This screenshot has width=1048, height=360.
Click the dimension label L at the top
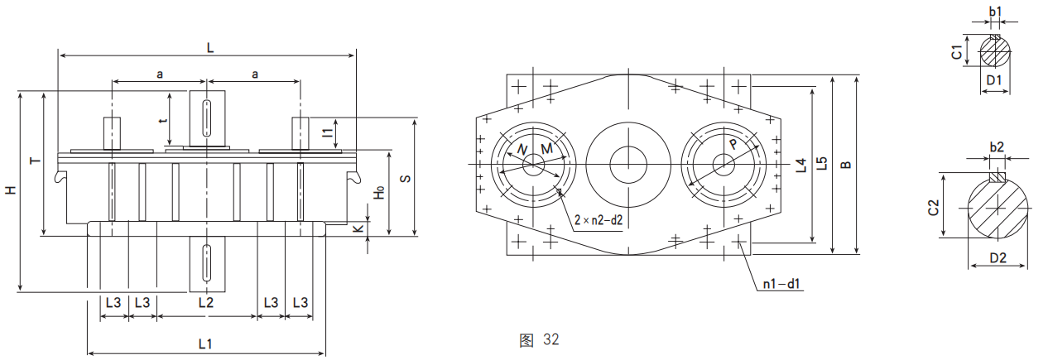(210, 49)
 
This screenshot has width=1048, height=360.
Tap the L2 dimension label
(205, 303)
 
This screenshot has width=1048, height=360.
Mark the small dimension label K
(358, 228)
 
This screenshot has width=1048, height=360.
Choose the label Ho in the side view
(378, 192)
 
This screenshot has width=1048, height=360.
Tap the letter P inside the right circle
(733, 144)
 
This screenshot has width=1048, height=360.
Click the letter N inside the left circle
(521, 149)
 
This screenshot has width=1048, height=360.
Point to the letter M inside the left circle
(546, 148)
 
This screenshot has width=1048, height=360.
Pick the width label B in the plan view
(845, 165)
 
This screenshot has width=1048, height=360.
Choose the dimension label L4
(800, 165)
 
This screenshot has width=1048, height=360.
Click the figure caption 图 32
(539, 339)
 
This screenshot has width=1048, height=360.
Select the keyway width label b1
(996, 12)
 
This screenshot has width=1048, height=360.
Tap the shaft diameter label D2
(998, 258)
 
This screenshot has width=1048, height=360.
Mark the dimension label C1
(957, 52)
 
